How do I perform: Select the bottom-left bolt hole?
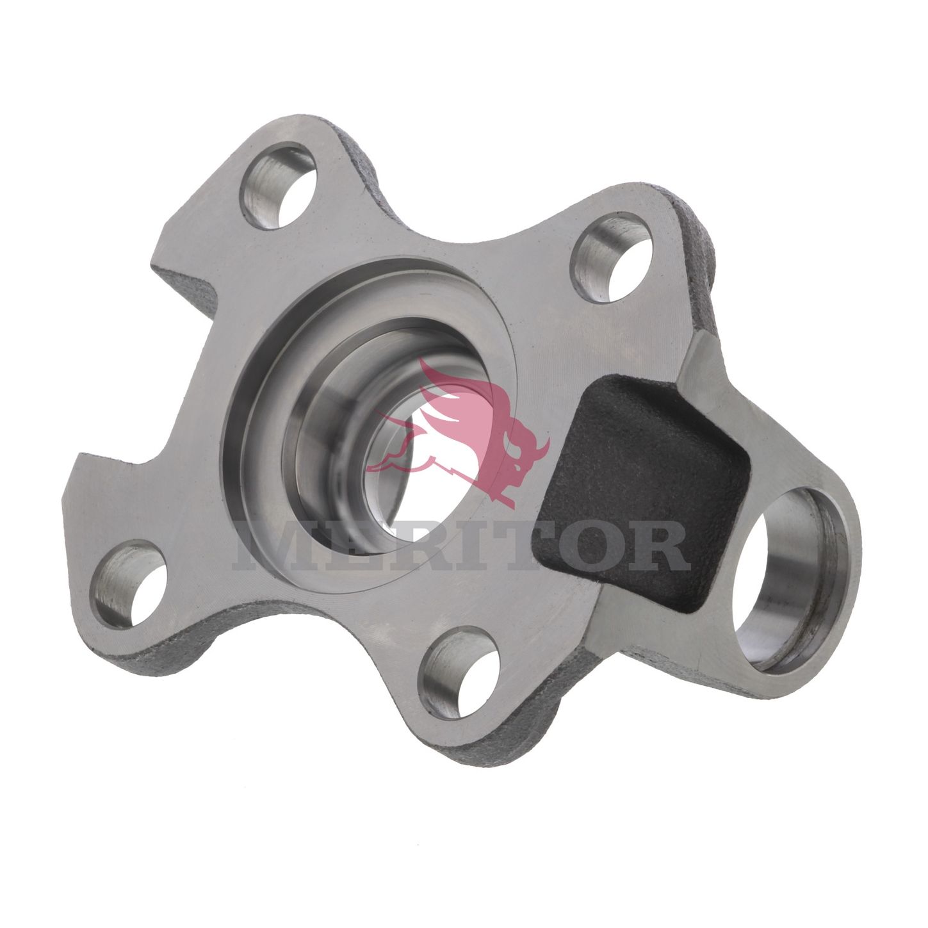coord(130,585)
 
